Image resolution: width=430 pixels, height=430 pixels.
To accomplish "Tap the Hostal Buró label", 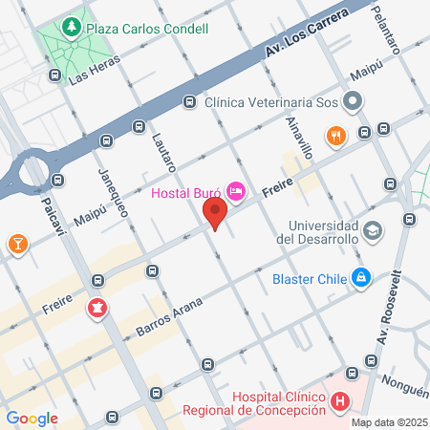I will coord(187,195).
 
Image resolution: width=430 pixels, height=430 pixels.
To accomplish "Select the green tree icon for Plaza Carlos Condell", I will coord(70,29).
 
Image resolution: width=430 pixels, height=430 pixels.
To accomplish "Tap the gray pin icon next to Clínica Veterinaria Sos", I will coord(354,99).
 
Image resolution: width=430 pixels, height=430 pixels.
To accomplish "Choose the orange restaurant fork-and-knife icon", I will coord(334,135).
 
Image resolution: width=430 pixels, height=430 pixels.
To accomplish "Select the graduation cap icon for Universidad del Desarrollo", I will coord(372,230).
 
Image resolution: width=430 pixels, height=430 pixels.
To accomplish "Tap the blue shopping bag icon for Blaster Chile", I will coord(361,278).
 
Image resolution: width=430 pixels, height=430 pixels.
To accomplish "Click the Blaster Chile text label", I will coord(311,279).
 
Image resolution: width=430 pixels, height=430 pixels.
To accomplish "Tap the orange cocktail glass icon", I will coord(16,245).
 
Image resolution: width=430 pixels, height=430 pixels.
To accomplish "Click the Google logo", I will coord(32,418).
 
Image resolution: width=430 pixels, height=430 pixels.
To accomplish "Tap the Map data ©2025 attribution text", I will coord(387,422).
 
